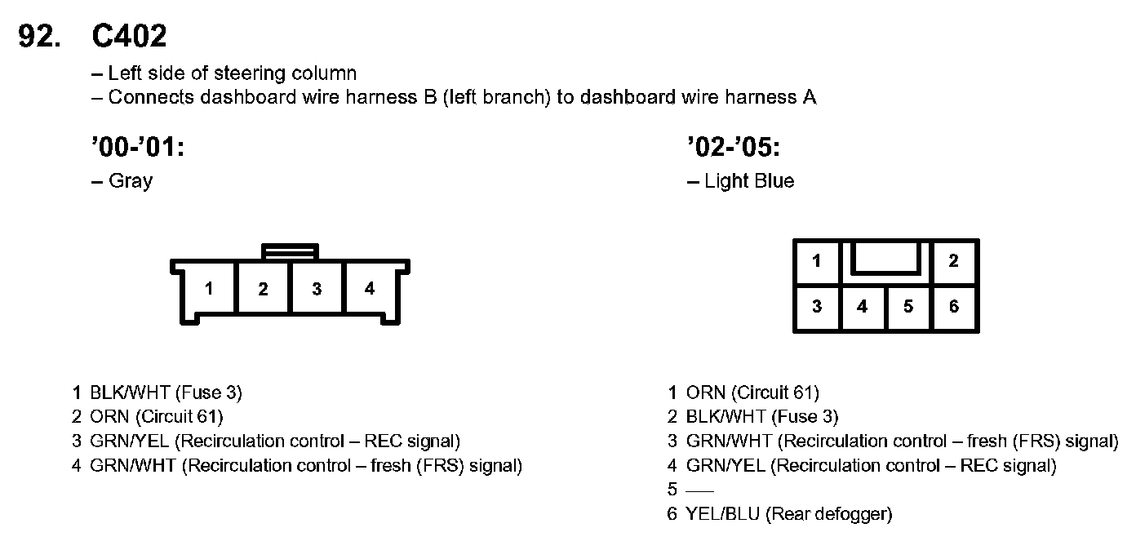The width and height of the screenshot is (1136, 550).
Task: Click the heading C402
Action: click(130, 36)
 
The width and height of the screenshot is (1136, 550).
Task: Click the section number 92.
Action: click(39, 36)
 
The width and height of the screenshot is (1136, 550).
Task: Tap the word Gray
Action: click(131, 181)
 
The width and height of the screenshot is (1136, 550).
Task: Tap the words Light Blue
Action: click(749, 181)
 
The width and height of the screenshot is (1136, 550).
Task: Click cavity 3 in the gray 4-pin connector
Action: click(317, 289)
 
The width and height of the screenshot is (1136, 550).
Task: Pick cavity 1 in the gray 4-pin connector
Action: click(210, 289)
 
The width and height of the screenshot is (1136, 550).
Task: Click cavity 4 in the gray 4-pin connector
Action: click(370, 289)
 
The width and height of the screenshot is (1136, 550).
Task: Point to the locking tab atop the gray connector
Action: click(290, 251)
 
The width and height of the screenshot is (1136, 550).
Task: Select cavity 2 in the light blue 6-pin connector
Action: click(953, 261)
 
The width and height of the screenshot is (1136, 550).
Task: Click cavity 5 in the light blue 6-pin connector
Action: click(908, 308)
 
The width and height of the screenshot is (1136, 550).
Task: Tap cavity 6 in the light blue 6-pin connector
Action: click(954, 308)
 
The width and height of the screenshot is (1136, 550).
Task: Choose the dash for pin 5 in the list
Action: click(699, 490)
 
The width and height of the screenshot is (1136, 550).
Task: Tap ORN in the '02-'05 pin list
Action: click(705, 393)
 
